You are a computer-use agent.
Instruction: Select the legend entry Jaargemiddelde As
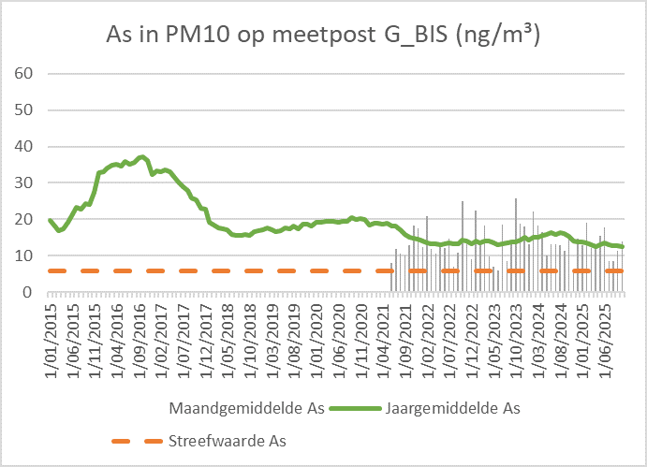452,409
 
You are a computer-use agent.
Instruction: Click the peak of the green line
142,157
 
